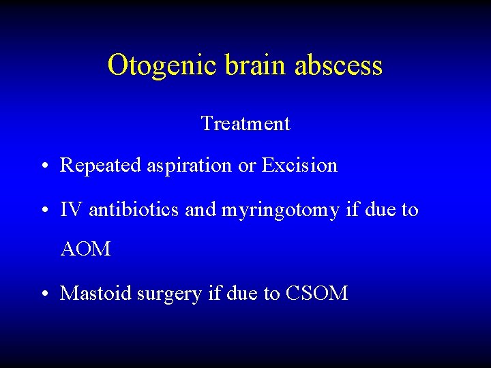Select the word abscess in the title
[x=339, y=65]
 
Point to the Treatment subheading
[x=245, y=124]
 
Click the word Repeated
[x=102, y=166]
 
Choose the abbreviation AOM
[x=85, y=249]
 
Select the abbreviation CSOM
[x=317, y=294]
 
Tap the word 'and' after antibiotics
[x=200, y=210]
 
